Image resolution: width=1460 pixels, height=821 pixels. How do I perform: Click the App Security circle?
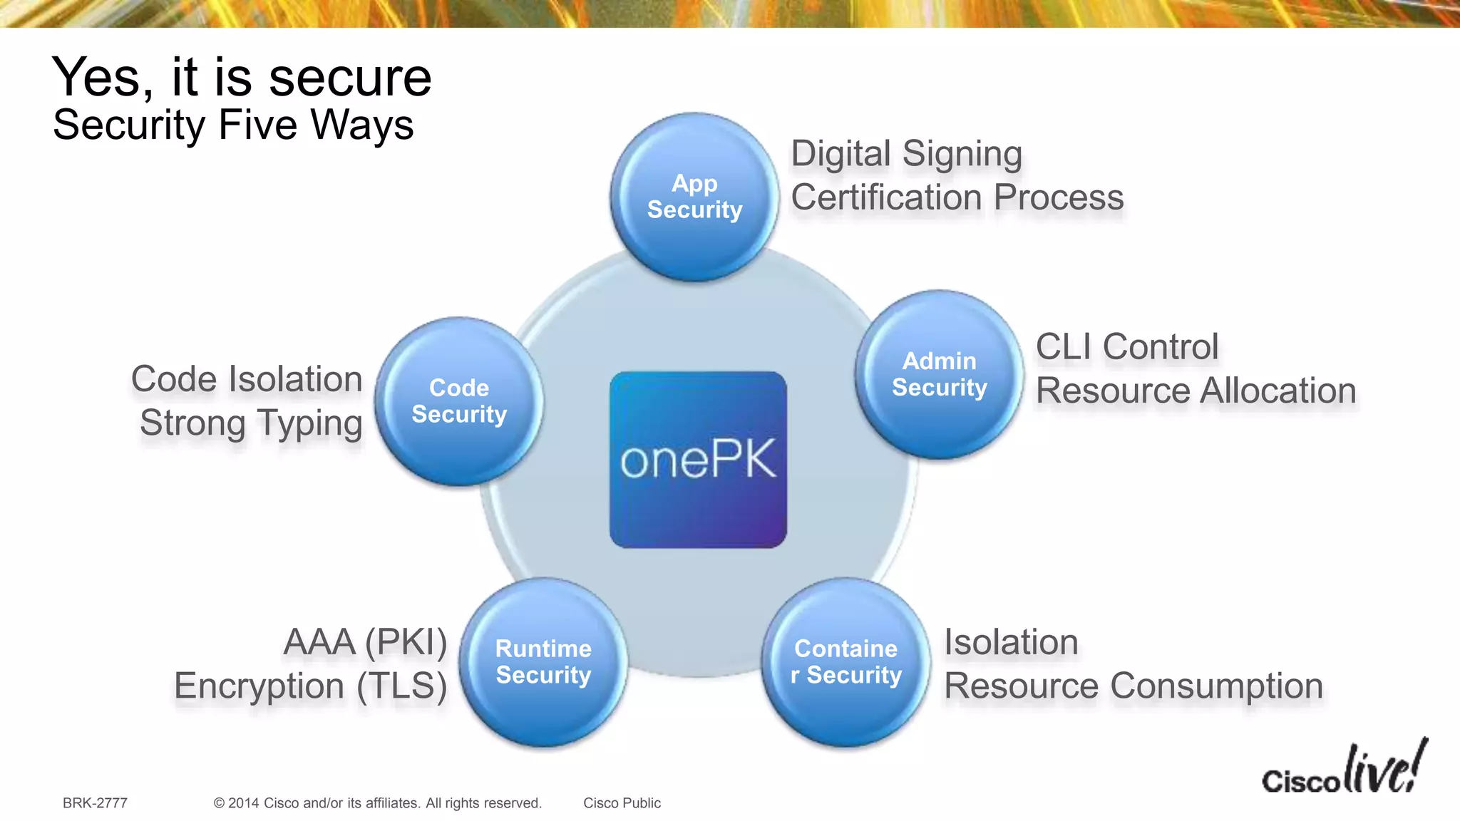coord(694,197)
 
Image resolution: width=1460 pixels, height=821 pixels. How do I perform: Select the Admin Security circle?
coord(940,374)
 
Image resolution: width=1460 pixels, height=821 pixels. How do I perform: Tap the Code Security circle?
coord(459,401)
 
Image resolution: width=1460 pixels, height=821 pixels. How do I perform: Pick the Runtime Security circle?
coord(543,662)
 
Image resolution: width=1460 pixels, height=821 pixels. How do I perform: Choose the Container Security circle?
coord(846,662)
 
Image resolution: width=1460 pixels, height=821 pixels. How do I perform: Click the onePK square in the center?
coord(698,460)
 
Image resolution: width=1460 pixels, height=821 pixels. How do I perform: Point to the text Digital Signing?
coord(906,154)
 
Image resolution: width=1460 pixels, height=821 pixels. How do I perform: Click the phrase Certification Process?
coord(957,197)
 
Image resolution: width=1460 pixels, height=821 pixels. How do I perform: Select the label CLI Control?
coord(1126,347)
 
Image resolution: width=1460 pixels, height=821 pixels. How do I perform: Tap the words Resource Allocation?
coord(1196,391)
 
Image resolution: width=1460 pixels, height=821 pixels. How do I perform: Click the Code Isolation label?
coord(247,379)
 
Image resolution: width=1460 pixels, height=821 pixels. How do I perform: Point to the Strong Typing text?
coord(251,423)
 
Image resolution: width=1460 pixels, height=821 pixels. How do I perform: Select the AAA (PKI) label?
coord(365,642)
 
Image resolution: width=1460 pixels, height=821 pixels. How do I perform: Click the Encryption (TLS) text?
coord(310,686)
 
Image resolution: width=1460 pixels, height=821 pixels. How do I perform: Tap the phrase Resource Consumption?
coord(1133,686)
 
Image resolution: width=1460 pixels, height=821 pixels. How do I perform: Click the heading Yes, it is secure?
coord(242,77)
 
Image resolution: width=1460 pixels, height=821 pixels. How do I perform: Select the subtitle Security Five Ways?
coord(233,125)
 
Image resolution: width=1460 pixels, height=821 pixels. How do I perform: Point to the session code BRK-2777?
coord(95,803)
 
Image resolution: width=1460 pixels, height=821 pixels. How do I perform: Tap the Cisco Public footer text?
coord(622,803)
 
